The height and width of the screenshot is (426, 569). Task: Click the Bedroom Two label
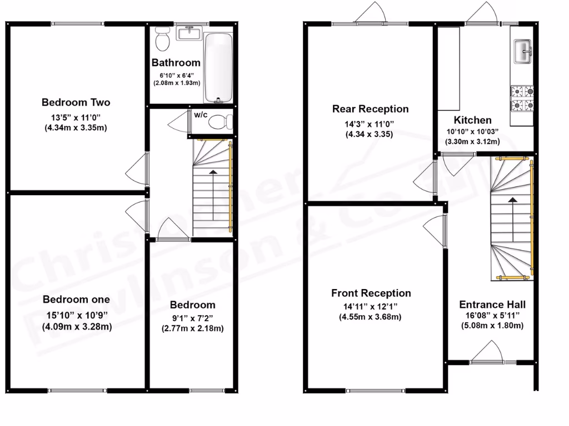click(76, 102)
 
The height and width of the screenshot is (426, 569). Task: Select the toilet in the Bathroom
click(163, 40)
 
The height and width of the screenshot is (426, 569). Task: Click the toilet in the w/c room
click(223, 120)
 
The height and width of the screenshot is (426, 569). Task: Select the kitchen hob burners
click(522, 98)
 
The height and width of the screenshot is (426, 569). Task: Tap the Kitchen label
click(472, 120)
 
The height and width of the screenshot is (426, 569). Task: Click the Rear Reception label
click(370, 109)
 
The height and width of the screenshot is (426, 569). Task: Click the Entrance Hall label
click(492, 305)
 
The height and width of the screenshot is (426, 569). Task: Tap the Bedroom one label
click(77, 300)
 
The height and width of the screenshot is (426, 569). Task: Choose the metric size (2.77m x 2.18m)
click(193, 328)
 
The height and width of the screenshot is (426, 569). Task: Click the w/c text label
click(200, 115)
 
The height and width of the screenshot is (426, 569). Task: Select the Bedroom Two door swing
click(136, 170)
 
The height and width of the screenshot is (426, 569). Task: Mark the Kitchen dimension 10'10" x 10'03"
click(472, 131)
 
